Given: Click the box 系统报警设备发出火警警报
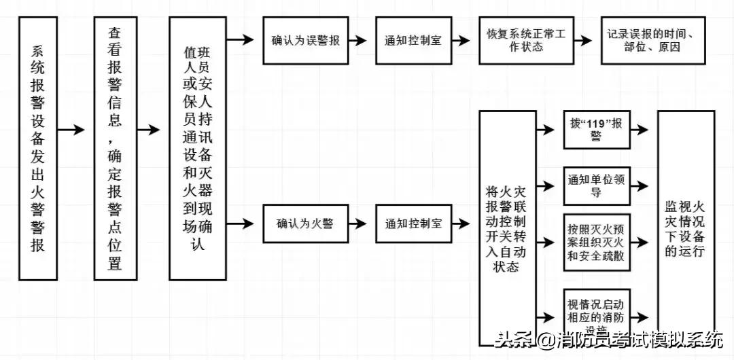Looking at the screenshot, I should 38,148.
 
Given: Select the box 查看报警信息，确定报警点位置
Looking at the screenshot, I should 115,148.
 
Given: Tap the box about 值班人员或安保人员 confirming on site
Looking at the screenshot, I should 197,148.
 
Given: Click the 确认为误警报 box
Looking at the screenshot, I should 306,40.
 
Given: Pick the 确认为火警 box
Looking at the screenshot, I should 306,223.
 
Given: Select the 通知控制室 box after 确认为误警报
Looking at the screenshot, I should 413,40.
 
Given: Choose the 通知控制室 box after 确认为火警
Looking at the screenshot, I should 413,223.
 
